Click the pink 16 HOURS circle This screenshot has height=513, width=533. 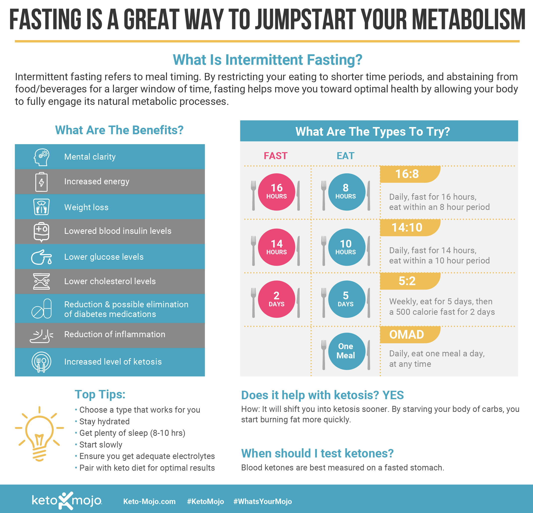pyautogui.click(x=276, y=192)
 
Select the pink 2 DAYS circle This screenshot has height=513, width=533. pyautogui.click(x=276, y=299)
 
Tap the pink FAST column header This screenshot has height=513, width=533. pyautogui.click(x=275, y=156)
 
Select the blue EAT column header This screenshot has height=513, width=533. pyautogui.click(x=345, y=156)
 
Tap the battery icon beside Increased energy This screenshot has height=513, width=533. pyautogui.click(x=41, y=182)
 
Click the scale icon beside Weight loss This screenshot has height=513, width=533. pyautogui.click(x=41, y=207)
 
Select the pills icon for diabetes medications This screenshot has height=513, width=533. pyautogui.click(x=42, y=309)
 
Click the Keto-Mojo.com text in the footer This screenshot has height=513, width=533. pyautogui.click(x=149, y=501)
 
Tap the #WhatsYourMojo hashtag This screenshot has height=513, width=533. pyautogui.click(x=263, y=501)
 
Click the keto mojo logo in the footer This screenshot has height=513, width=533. pyautogui.click(x=67, y=501)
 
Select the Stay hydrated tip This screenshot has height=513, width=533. pyautogui.click(x=104, y=421)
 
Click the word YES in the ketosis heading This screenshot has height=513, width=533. pyautogui.click(x=393, y=395)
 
